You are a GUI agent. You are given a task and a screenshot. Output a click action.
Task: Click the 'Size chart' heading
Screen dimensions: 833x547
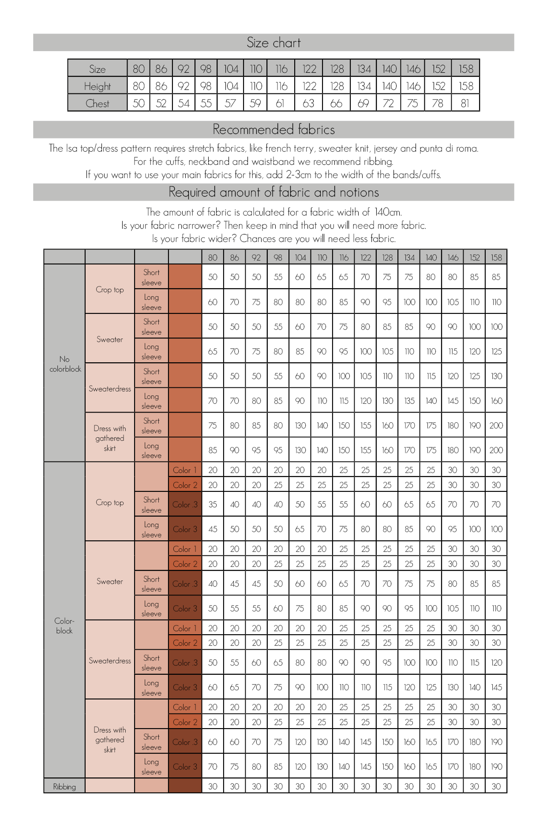pyautogui.click(x=273, y=43)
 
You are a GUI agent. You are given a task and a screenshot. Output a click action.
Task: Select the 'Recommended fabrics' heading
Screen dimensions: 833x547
pyautogui.click(x=273, y=130)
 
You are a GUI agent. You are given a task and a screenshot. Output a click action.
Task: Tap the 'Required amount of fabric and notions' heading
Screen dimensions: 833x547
pyautogui.click(x=273, y=192)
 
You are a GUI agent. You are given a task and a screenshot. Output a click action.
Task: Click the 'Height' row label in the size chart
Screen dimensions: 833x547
pyautogui.click(x=97, y=86)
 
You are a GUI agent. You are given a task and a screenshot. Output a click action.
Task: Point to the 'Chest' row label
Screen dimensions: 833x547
pyautogui.click(x=97, y=104)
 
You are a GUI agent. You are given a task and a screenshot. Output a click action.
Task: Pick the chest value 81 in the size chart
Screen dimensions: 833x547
pyautogui.click(x=465, y=104)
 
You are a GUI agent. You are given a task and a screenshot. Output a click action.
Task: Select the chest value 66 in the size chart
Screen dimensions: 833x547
pyautogui.click(x=336, y=104)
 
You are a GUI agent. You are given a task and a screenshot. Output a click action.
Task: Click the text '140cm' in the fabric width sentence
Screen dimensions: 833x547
pyautogui.click(x=388, y=212)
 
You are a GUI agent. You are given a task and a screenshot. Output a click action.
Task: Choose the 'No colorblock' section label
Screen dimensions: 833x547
pyautogui.click(x=65, y=364)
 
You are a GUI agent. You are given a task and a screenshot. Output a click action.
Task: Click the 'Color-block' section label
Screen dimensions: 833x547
pyautogui.click(x=64, y=625)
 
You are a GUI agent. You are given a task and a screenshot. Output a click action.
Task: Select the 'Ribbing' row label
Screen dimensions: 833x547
pyautogui.click(x=64, y=787)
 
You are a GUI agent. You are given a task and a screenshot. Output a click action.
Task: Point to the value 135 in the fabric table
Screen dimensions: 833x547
pyautogui.click(x=409, y=401)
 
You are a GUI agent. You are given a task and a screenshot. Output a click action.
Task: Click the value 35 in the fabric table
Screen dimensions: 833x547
pyautogui.click(x=213, y=504)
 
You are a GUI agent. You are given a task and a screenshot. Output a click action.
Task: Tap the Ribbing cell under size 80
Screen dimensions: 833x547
pyautogui.click(x=213, y=787)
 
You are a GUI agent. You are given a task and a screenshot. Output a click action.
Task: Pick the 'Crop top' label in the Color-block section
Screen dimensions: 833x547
pyautogui.click(x=110, y=502)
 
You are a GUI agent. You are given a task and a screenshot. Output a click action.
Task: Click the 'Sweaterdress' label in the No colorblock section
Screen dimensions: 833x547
pyautogui.click(x=110, y=389)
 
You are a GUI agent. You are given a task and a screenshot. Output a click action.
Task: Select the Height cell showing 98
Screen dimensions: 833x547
pyautogui.click(x=206, y=86)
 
